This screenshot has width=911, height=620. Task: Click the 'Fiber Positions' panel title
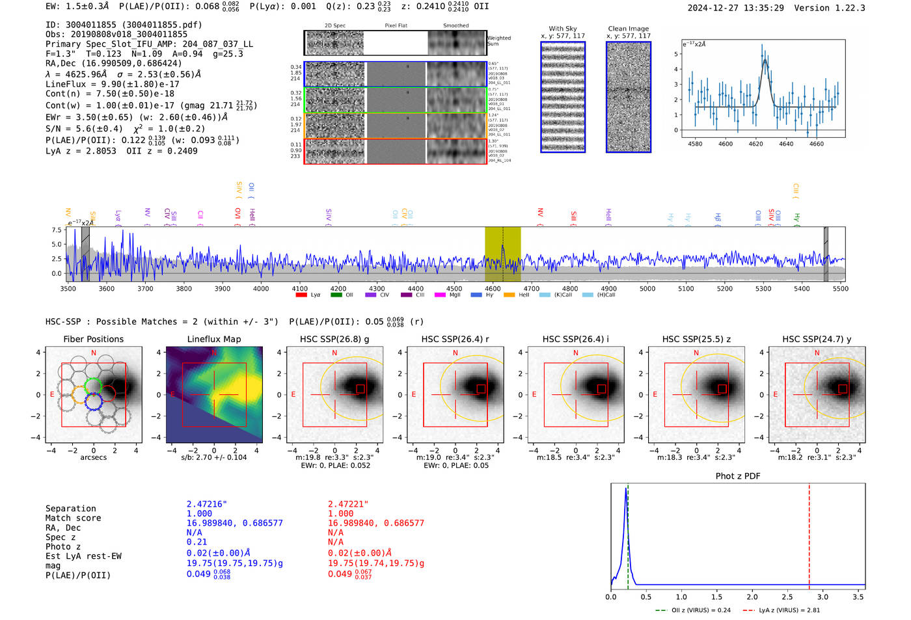(x=93, y=339)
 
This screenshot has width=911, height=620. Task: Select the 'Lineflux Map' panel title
(x=214, y=339)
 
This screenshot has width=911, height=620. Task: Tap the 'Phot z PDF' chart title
(x=738, y=476)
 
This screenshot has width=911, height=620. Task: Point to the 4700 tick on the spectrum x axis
(x=532, y=289)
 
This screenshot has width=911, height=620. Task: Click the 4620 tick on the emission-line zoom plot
(x=755, y=144)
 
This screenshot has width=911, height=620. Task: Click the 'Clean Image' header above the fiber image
(x=628, y=29)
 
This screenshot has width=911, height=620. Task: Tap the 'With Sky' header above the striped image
(x=562, y=29)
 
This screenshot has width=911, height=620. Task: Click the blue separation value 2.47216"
(x=207, y=504)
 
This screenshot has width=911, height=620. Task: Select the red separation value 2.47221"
(x=348, y=504)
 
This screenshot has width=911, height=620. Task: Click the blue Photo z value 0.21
(x=197, y=542)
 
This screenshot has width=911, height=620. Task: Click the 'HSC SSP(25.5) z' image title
(x=696, y=339)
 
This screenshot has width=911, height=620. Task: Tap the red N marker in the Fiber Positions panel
(x=94, y=353)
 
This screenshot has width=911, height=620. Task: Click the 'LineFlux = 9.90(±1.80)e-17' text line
(x=113, y=85)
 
